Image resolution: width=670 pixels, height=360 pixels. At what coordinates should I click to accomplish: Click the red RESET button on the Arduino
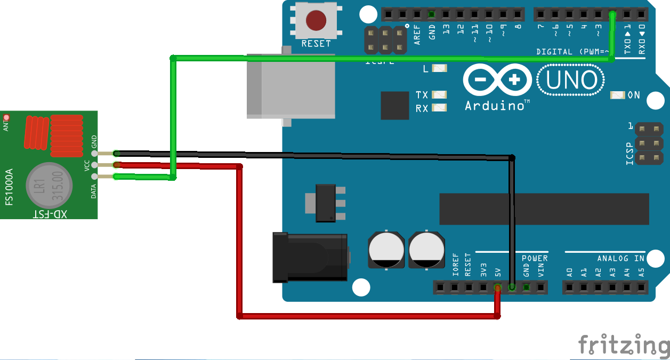316,20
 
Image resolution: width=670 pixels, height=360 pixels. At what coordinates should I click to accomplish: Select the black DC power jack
309,258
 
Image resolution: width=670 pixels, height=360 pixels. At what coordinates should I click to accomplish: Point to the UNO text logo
571,81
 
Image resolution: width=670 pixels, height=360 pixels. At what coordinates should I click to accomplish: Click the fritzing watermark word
624,345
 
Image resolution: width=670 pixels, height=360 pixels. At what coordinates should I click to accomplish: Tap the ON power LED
617,95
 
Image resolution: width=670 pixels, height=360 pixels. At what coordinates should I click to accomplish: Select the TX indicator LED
439,94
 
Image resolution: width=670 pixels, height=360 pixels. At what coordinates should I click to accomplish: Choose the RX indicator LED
439,108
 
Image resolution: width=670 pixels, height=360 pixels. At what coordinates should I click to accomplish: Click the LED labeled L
439,68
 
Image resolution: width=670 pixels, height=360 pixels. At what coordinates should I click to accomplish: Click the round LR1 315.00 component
49,185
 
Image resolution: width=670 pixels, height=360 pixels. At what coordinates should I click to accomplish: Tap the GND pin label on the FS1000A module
94,142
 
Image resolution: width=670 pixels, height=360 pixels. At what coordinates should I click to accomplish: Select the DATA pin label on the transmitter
94,189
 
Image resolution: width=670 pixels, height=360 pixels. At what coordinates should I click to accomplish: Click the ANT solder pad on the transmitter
6,117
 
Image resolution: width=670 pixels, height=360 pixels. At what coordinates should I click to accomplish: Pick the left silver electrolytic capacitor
386,250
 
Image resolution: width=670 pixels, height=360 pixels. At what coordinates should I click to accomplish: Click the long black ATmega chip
544,209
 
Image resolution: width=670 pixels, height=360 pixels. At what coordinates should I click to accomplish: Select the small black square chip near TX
395,105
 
